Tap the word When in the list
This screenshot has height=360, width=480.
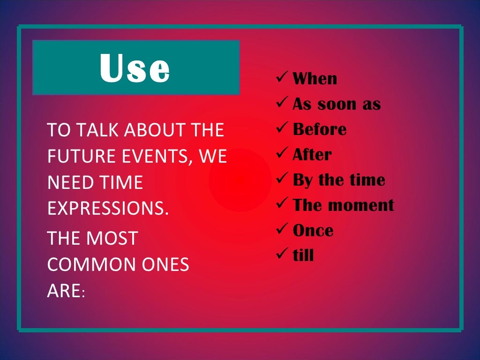(315, 79)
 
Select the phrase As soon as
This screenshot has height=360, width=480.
(337, 104)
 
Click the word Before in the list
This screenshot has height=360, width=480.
(320, 129)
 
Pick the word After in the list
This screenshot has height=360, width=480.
(312, 155)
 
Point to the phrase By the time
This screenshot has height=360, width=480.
(339, 180)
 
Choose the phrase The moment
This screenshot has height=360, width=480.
(343, 205)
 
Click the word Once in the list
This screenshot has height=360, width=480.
(313, 231)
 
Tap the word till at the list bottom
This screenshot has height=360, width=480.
(303, 255)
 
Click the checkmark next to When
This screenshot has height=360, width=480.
(282, 77)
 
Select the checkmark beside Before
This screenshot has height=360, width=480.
(282, 128)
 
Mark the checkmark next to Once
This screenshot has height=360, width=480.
(282, 229)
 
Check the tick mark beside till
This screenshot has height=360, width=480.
(282, 255)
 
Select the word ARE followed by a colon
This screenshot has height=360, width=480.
(64, 291)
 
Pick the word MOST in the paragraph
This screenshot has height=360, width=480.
(114, 239)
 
